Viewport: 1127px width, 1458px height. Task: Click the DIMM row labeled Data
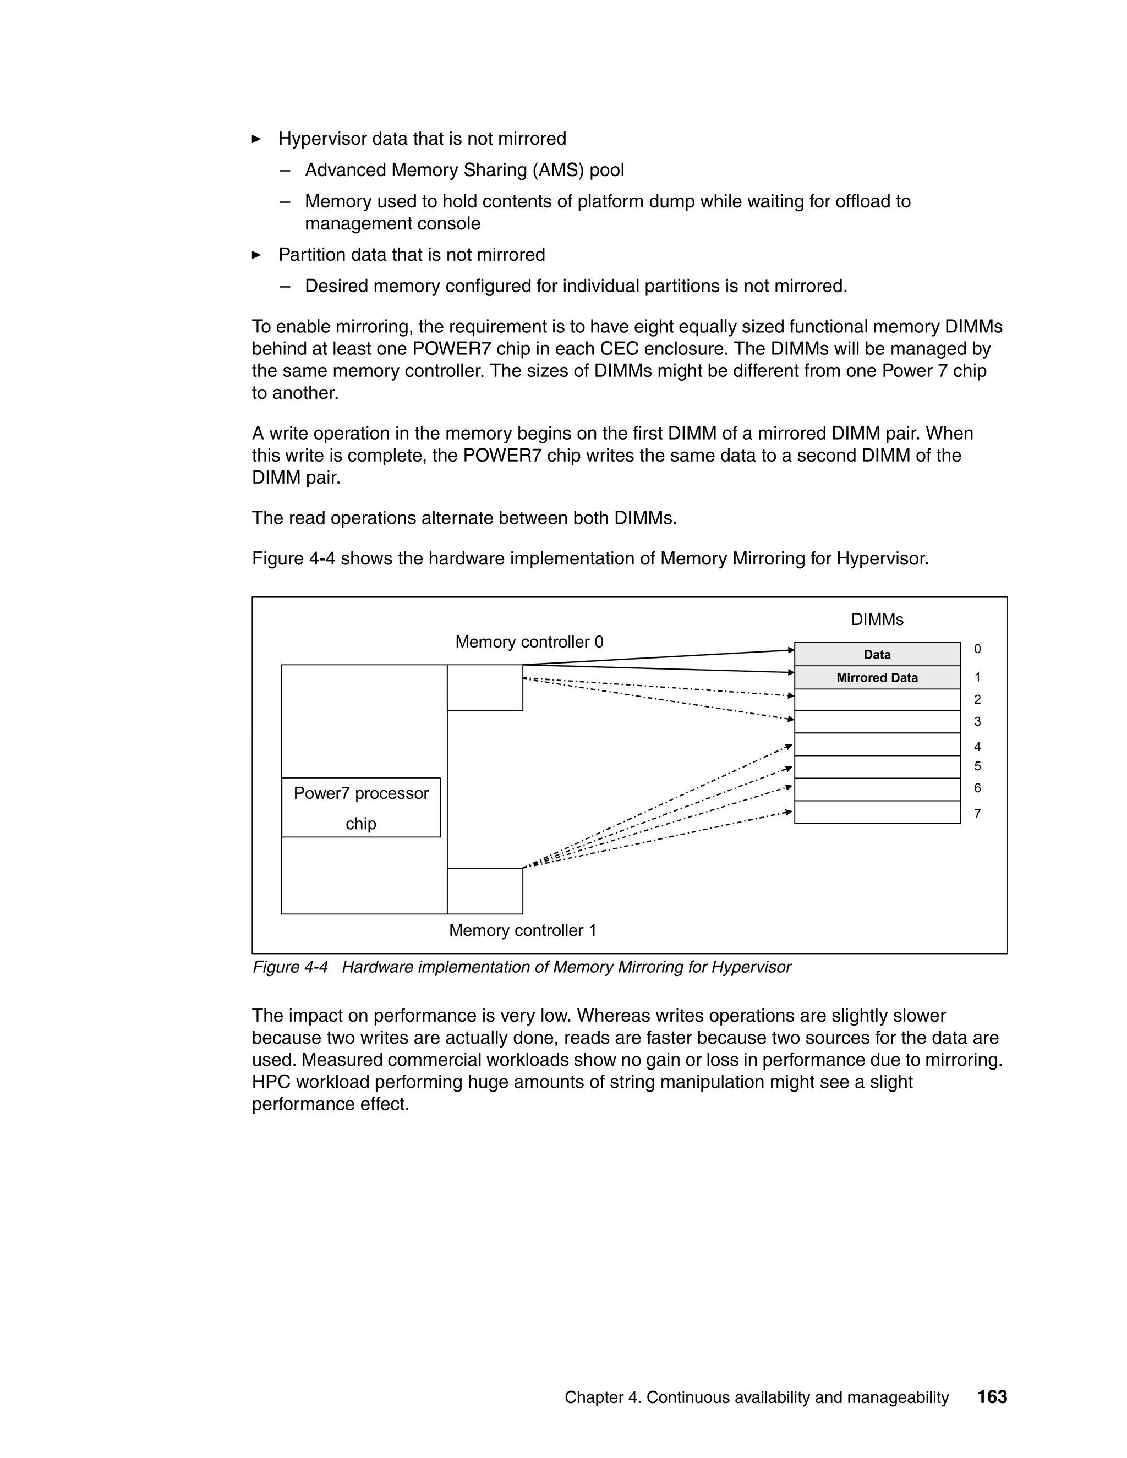(877, 654)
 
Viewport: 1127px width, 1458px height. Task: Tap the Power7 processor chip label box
(360, 807)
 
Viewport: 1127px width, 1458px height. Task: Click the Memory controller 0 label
(529, 642)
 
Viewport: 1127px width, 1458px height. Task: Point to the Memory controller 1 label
(522, 930)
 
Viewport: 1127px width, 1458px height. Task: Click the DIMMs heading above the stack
(877, 620)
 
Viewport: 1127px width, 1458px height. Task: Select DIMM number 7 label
(977, 813)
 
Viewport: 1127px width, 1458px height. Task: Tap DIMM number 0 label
(977, 649)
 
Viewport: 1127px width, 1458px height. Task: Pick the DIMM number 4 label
(977, 747)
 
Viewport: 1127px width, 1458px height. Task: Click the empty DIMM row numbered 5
(877, 767)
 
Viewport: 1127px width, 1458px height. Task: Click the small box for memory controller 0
(485, 688)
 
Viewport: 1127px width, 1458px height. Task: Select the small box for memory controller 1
(485, 891)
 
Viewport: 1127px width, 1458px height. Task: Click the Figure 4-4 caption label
(290, 967)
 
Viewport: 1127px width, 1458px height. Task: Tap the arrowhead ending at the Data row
(791, 650)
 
